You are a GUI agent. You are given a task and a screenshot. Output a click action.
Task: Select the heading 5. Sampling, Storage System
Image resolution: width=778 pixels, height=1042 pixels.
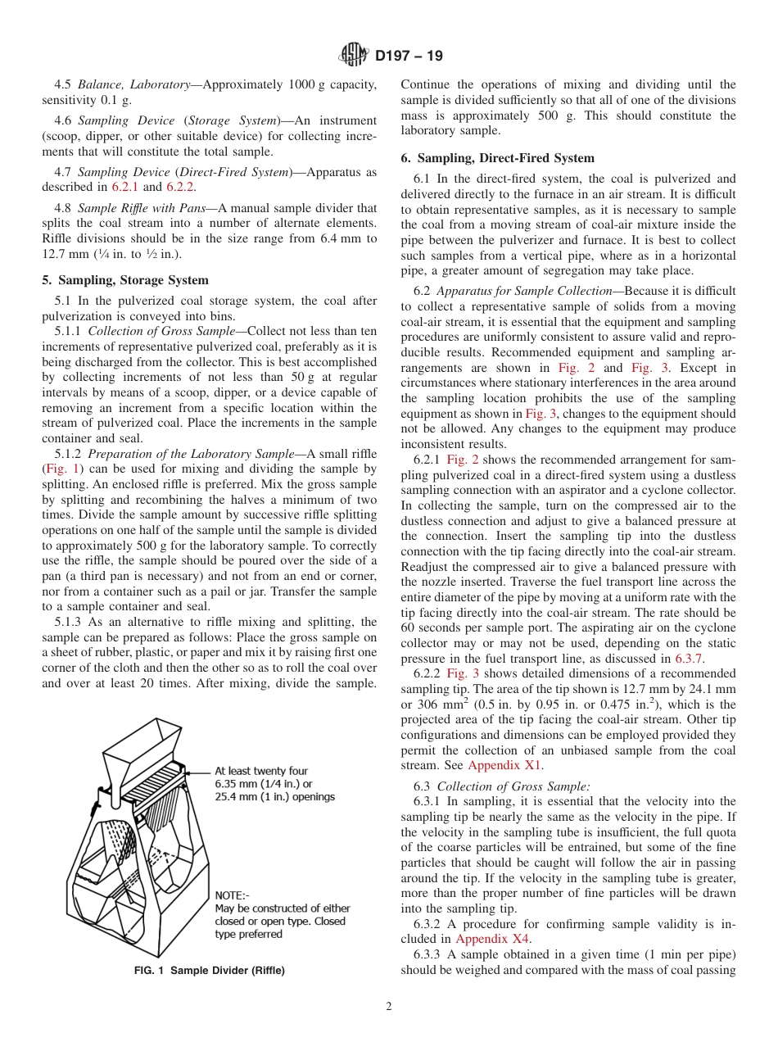tap(124, 280)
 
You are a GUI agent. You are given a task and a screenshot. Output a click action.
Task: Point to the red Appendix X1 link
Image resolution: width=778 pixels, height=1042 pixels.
tap(504, 765)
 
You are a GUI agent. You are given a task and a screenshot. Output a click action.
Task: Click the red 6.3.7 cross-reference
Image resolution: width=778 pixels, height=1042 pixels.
tap(688, 658)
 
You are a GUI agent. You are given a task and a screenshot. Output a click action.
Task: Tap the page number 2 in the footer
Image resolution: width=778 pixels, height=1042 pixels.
tap(389, 1007)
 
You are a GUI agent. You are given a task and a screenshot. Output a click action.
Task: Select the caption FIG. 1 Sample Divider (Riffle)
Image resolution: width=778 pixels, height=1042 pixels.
tap(209, 970)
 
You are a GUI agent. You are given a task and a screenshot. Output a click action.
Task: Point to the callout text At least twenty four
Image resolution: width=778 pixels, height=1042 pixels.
tap(261, 771)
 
